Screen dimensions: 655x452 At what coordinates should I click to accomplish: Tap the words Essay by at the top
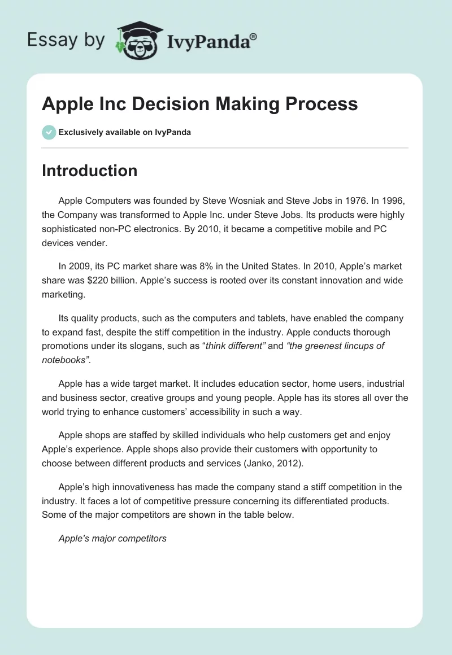[x=65, y=41]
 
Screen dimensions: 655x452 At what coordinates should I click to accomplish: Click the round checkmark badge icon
[x=49, y=132]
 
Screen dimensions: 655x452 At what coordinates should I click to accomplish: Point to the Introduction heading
[x=89, y=171]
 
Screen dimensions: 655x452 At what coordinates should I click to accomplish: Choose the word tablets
[x=245, y=318]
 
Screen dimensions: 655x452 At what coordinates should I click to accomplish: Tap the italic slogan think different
[x=235, y=346]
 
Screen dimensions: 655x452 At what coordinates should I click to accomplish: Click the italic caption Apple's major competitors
[x=112, y=538]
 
